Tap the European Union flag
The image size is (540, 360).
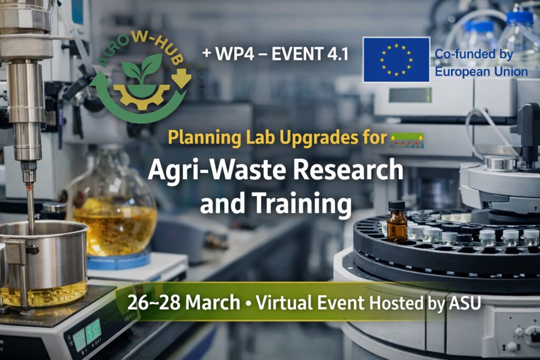point(396,60)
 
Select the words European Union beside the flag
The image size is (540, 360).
point(480,71)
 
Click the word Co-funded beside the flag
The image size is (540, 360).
point(466,54)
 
